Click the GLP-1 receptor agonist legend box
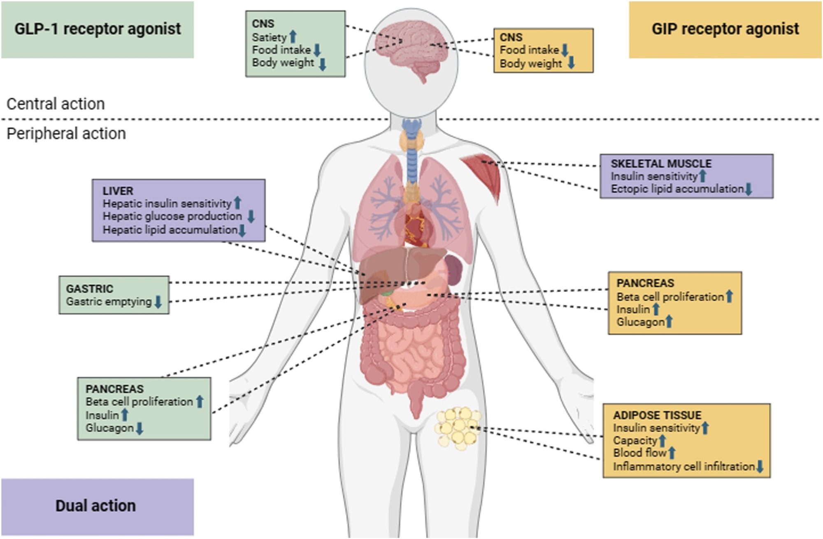point(97,29)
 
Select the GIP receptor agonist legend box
point(725,29)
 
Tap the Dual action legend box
point(97,506)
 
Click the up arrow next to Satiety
point(293,37)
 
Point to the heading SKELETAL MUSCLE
point(661,163)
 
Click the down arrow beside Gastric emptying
point(158,302)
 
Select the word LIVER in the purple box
point(118,191)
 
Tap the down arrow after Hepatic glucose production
point(251,216)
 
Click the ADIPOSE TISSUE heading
point(657,415)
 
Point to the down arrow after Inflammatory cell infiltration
point(760,467)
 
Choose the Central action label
point(56,104)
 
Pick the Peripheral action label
point(66,134)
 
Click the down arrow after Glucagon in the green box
point(139,428)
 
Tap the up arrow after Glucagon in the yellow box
point(669,322)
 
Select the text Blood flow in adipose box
point(639,453)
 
